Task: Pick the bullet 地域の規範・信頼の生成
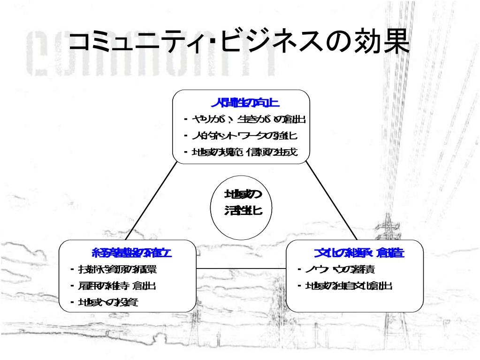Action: tap(244, 152)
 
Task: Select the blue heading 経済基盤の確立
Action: tap(132, 253)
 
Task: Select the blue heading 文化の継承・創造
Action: tap(360, 253)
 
